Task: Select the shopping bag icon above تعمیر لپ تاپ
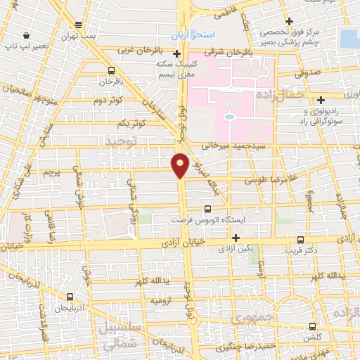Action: [26, 35]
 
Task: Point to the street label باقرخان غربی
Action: [145, 51]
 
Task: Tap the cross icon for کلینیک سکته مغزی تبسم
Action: [176, 53]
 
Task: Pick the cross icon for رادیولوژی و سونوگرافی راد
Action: [321, 99]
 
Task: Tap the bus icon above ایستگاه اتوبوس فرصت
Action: [207, 209]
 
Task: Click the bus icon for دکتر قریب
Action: [301, 239]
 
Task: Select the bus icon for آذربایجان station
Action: [70, 297]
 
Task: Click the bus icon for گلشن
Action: [313, 326]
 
